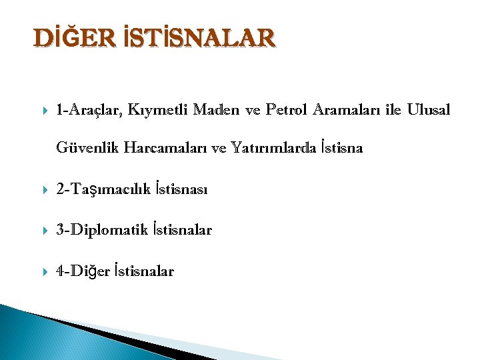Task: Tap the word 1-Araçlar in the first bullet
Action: pos(89,109)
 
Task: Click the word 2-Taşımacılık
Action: pos(103,191)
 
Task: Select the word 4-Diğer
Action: pos(83,271)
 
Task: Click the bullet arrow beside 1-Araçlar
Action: pos(42,109)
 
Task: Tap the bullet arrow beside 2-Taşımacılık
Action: pos(42,191)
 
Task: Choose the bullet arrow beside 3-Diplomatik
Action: pos(42,231)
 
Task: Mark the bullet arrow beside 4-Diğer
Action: pos(42,271)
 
